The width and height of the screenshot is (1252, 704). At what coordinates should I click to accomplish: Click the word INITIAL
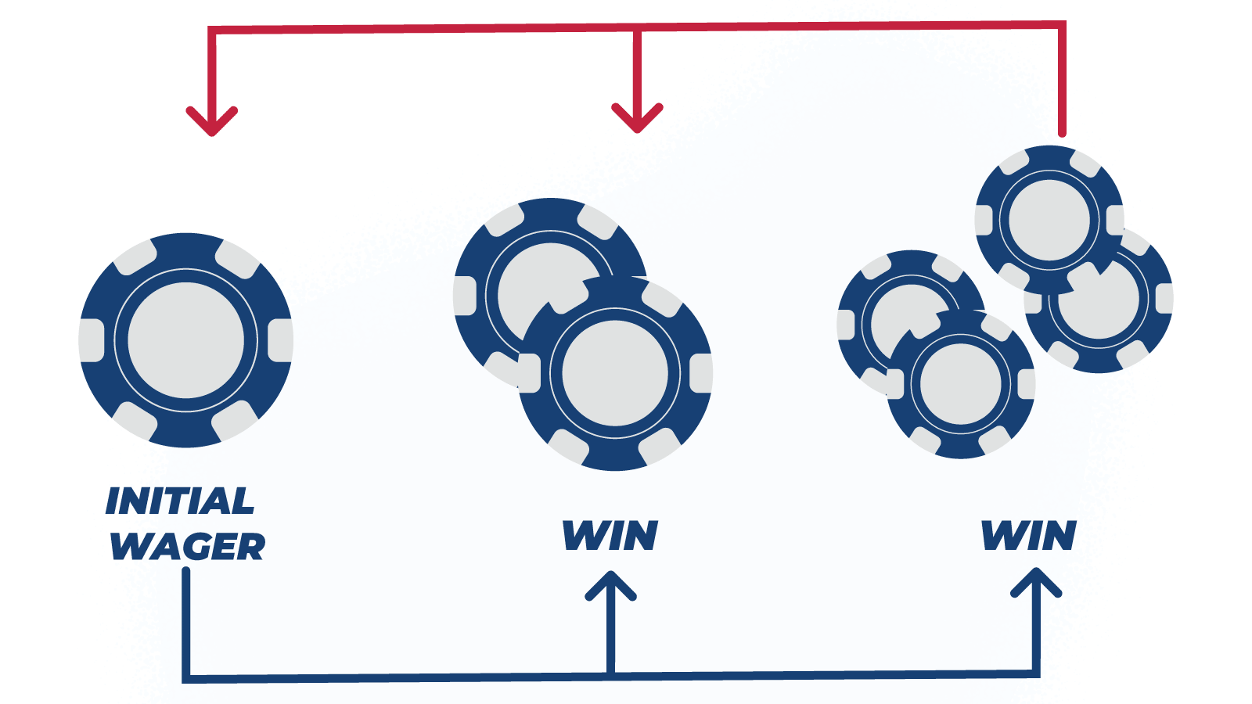point(180,501)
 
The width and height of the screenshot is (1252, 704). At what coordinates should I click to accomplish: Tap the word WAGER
point(187,547)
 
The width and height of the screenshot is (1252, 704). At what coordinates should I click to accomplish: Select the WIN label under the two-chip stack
point(610,536)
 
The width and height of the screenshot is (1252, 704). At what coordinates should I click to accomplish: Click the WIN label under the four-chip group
point(1029,535)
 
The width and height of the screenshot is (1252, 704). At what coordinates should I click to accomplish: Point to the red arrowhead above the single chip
point(212,120)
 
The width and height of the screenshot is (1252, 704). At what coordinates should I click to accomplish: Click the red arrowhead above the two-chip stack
point(637,118)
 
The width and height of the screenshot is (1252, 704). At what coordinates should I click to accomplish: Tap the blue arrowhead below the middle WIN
point(611,585)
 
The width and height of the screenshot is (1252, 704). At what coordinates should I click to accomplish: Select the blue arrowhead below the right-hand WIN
point(1036,583)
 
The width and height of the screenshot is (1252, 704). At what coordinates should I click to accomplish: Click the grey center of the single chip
point(186,340)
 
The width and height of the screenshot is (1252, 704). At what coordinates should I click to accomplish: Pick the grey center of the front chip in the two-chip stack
point(615,372)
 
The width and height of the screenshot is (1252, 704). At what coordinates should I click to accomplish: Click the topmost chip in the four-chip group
point(1049,220)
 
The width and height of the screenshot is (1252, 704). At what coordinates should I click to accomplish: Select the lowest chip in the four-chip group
point(961,384)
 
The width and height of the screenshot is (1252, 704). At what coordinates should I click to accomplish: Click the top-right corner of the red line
point(1062,25)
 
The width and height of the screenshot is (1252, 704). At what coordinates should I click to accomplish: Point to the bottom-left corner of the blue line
point(187,679)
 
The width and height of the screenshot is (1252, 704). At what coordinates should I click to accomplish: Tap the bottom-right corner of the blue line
point(1036,673)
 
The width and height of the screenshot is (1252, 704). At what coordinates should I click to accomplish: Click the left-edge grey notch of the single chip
point(91,340)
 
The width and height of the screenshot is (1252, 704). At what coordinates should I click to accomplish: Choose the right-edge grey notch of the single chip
point(281,340)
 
